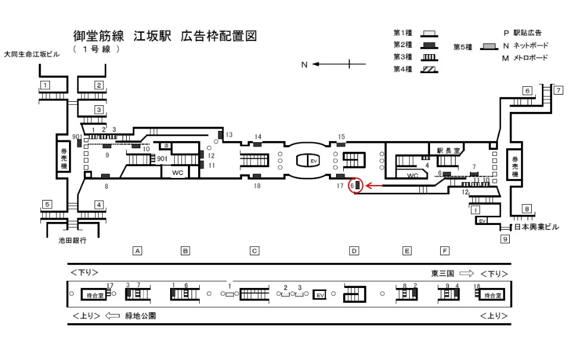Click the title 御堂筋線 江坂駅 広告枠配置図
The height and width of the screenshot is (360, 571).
(x=165, y=36)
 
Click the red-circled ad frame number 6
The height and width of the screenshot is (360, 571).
(x=355, y=186)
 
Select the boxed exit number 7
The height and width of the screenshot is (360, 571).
(x=558, y=90)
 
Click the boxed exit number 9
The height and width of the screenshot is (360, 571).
(x=505, y=240)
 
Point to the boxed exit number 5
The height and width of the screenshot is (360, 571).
(x=46, y=205)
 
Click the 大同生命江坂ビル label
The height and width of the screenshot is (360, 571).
(x=32, y=54)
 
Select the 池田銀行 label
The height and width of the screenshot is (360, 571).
(x=73, y=241)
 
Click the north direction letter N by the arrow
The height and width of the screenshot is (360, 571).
(x=304, y=64)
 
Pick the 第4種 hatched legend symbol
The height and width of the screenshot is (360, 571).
(x=429, y=69)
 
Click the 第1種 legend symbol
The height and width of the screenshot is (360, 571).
(x=429, y=33)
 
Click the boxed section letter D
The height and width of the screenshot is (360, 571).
(x=354, y=251)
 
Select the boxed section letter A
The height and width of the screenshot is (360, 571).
(x=137, y=251)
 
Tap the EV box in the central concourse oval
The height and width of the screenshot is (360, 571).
(x=314, y=161)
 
